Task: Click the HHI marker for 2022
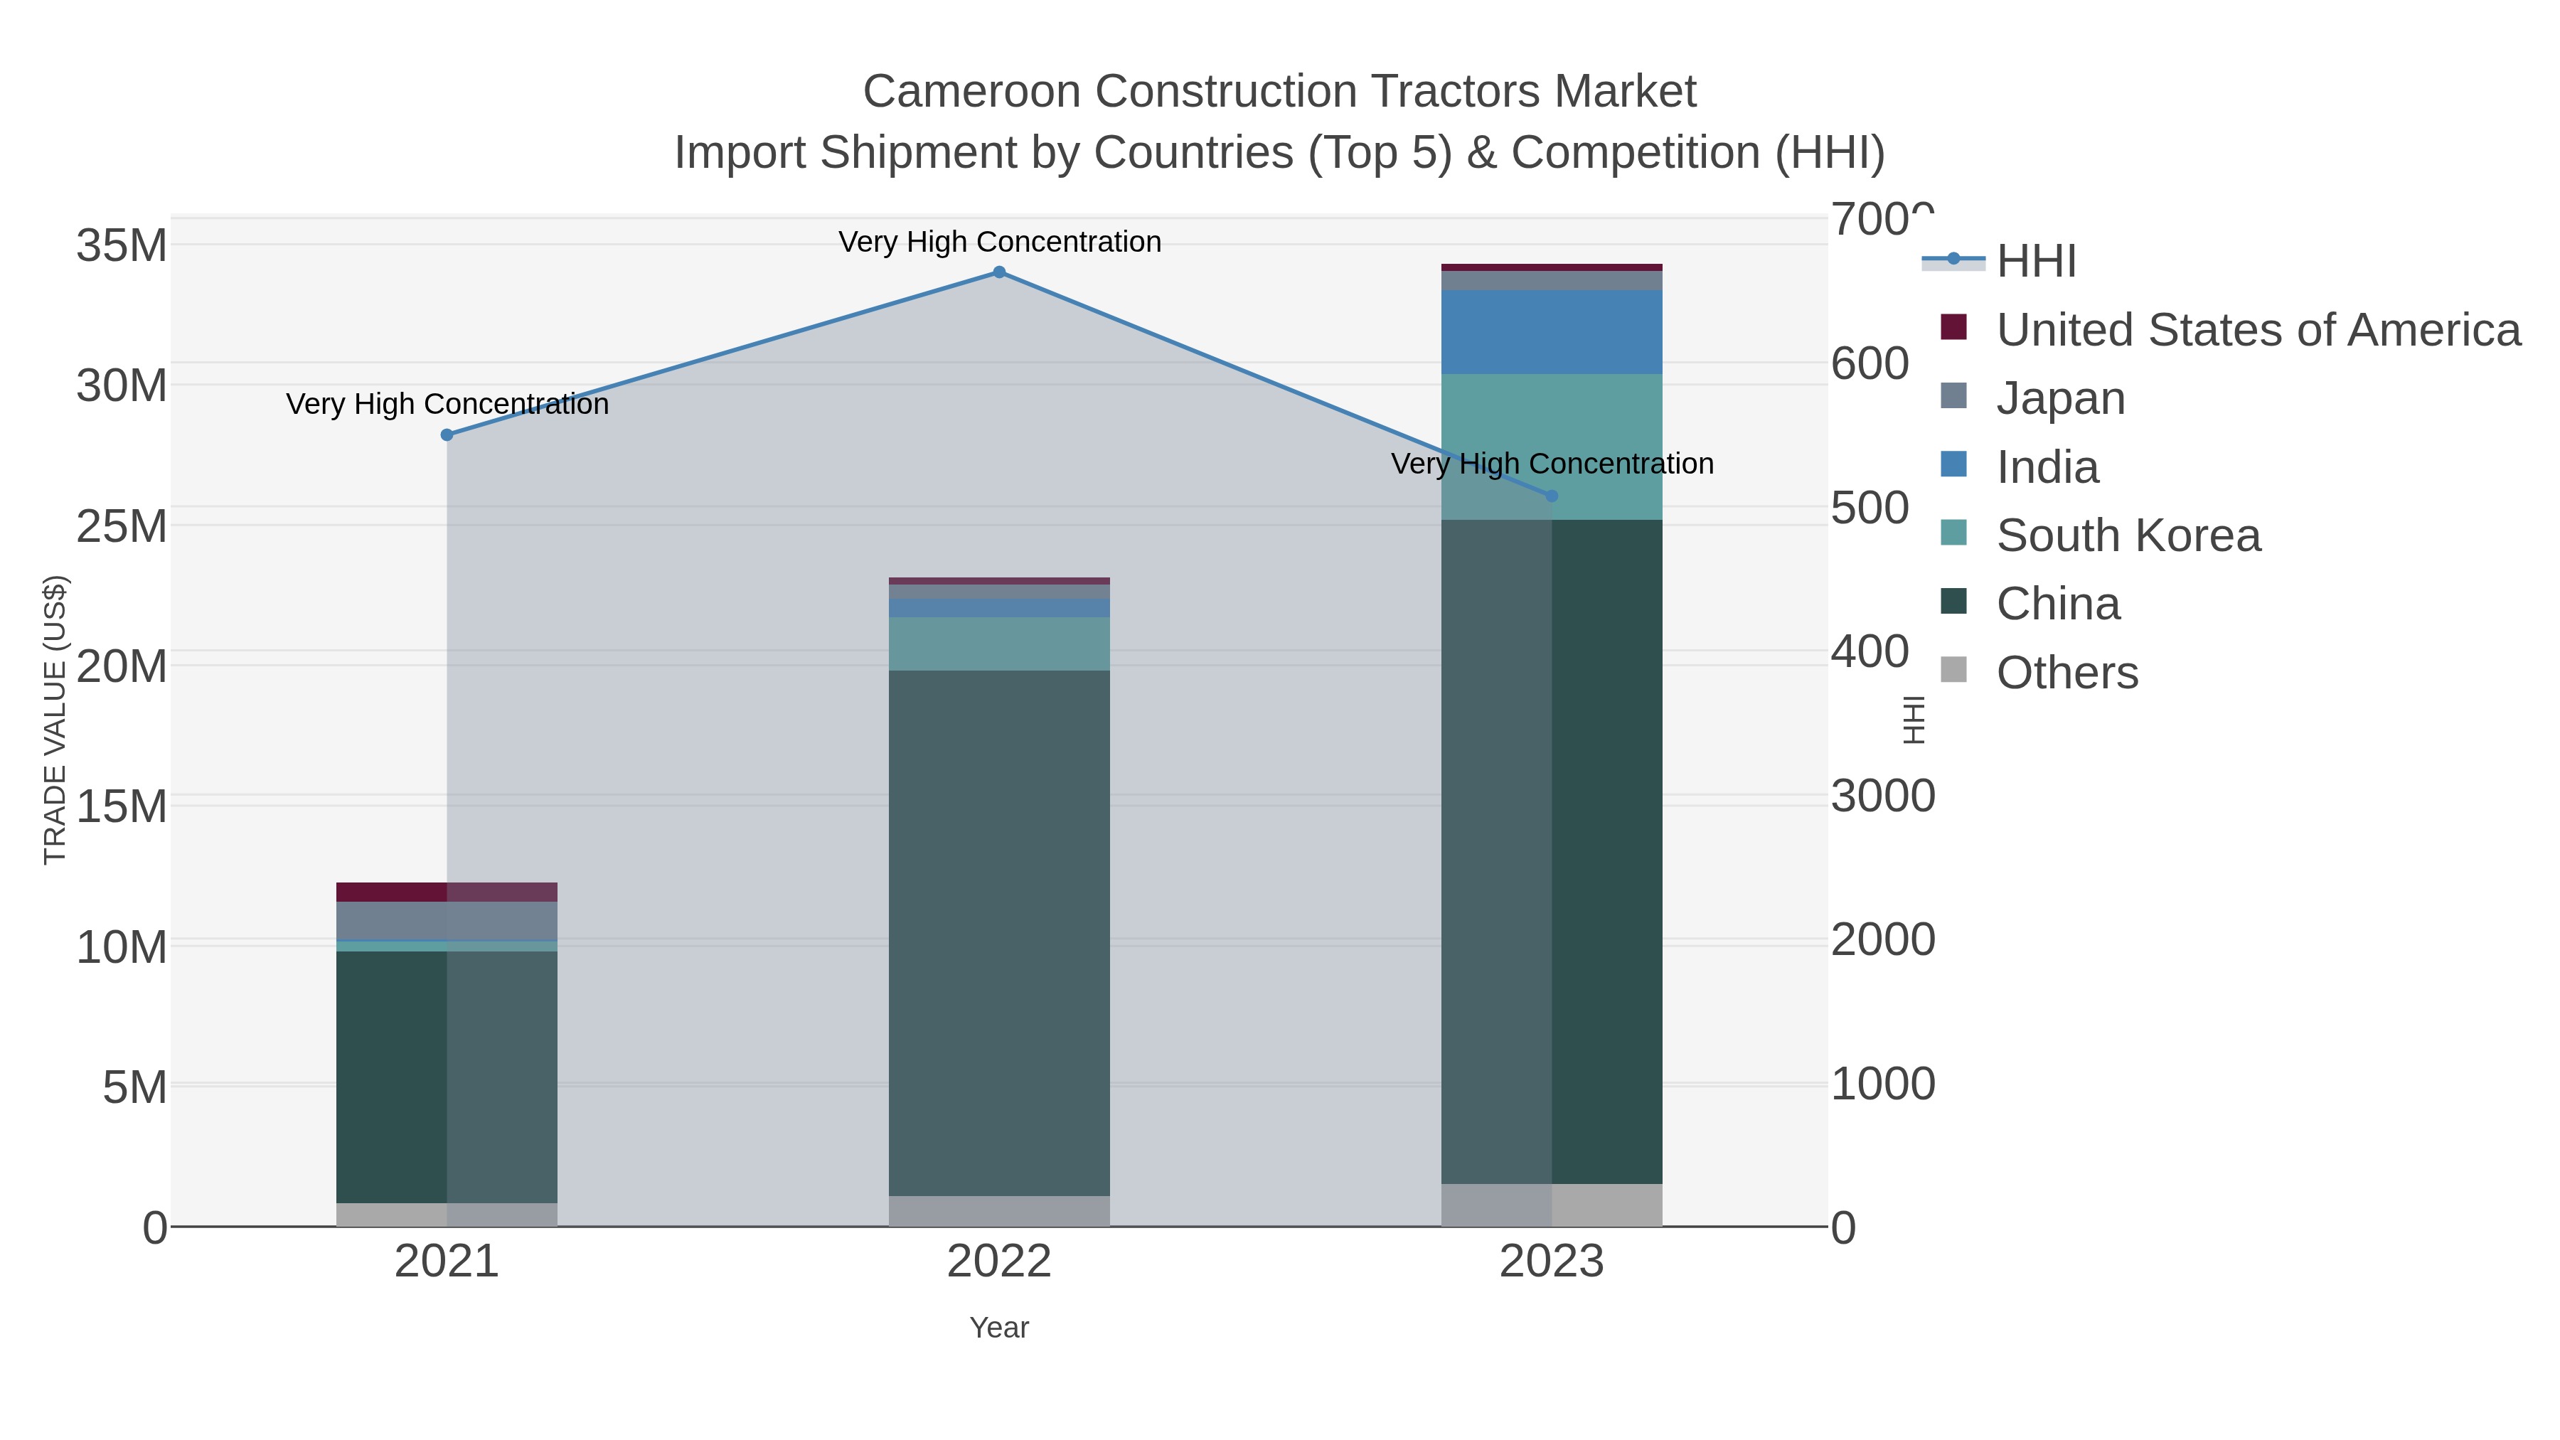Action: tap(999, 272)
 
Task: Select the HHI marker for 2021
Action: tap(447, 435)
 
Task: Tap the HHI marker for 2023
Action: tap(1552, 496)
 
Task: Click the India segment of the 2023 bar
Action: tap(1552, 332)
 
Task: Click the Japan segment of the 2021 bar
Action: tap(447, 920)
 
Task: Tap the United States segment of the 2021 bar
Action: tap(447, 892)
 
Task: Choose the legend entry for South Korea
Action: tap(2128, 535)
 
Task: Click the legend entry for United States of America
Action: tap(2257, 330)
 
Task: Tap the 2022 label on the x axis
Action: tap(999, 1262)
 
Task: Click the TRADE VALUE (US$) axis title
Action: tap(55, 720)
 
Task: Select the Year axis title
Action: tap(999, 1328)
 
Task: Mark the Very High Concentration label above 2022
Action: tap(999, 242)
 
